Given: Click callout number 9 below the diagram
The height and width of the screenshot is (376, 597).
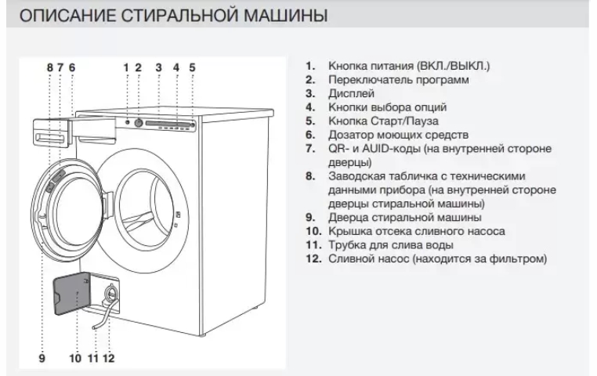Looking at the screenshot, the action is tap(42, 358).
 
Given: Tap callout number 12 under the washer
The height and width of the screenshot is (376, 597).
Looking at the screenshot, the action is tap(109, 358).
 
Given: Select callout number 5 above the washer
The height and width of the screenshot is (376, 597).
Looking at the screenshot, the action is tap(192, 67).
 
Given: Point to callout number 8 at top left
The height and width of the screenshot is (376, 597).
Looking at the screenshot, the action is tap(50, 67).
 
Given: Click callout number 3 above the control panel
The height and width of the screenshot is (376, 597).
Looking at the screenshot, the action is tap(158, 67).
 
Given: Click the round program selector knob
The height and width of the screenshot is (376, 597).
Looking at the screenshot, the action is tap(139, 122).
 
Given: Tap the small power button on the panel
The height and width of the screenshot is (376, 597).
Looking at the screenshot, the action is tap(127, 122).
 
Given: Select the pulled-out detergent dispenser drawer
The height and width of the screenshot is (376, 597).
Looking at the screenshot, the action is tap(52, 133).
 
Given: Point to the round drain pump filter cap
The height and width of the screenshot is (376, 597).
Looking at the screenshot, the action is tap(111, 293).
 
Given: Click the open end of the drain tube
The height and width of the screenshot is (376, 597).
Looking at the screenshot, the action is tap(93, 327).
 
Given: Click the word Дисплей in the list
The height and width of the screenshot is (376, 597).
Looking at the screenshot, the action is tap(352, 94).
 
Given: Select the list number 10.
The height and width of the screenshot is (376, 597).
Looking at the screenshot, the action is tap(314, 231).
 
